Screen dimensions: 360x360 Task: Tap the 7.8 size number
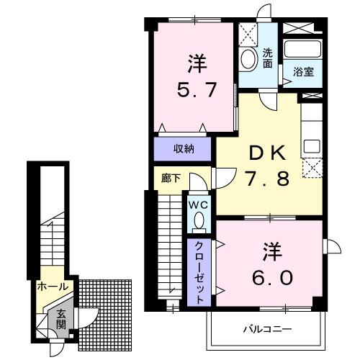click(x=268, y=177)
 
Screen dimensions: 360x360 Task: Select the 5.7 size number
click(x=195, y=91)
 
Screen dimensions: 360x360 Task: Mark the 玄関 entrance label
click(x=62, y=319)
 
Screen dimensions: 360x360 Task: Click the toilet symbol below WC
click(x=200, y=220)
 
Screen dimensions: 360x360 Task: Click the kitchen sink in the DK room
click(x=311, y=144)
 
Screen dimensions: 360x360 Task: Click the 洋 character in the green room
click(x=195, y=64)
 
